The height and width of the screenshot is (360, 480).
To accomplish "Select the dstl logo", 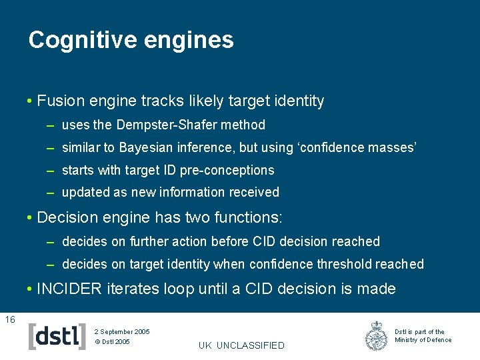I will point(57,336).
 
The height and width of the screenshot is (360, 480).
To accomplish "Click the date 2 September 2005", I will point(122,331).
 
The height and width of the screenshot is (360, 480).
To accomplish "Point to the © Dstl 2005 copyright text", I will point(112,342).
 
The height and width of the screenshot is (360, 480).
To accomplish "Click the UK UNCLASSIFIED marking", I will point(241,345).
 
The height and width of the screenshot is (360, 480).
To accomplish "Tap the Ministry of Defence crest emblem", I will point(377,336).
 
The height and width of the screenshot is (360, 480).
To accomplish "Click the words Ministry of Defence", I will point(423,340).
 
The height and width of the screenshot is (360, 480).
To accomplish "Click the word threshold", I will point(340,265).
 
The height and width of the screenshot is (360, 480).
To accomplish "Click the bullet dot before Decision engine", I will point(31,218).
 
